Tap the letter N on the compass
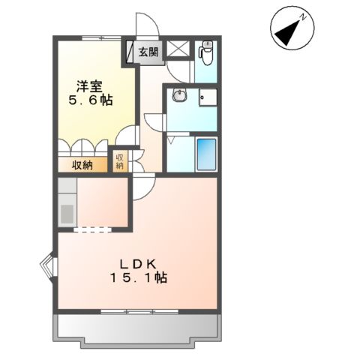point(301,16)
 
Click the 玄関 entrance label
point(148,52)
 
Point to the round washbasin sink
point(178,96)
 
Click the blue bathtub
point(205,155)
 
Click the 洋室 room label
point(88,84)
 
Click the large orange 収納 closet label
point(82,165)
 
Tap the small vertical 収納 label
point(119,161)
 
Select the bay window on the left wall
point(46,265)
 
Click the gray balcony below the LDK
point(135,326)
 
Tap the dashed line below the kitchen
point(91,229)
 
